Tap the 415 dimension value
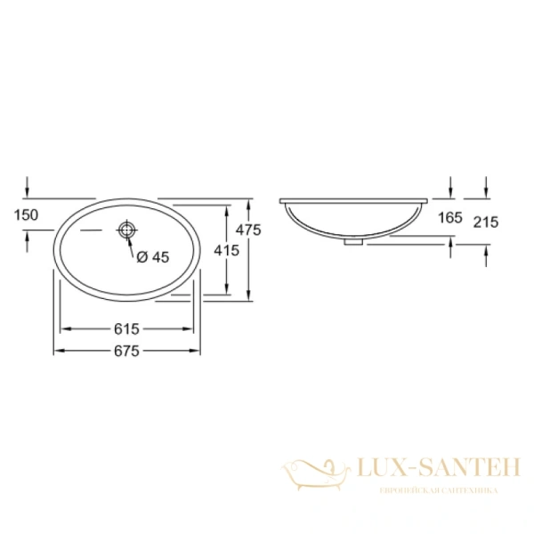[x=227, y=251]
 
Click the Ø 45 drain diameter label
[x=152, y=257]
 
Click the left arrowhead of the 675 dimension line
[x=59, y=351]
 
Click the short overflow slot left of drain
[x=93, y=231]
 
